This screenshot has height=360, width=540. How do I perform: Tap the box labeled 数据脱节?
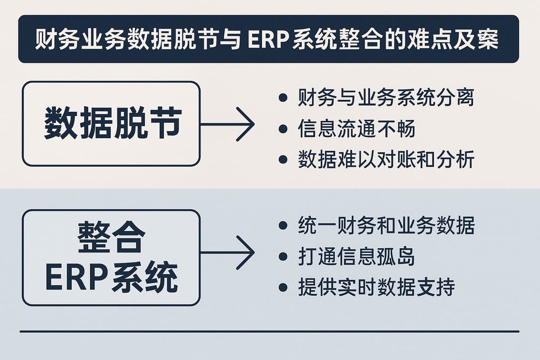coord(111,124)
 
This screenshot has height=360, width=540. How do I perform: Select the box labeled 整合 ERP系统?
coord(111,258)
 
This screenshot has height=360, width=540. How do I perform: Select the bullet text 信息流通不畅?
coord(356,129)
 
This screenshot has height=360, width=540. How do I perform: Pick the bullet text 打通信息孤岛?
coord(356,257)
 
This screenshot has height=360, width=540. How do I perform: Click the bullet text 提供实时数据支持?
coord(376,288)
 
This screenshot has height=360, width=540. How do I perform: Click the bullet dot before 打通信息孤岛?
coord(283,257)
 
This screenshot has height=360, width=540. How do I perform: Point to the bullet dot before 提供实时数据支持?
coord(283,288)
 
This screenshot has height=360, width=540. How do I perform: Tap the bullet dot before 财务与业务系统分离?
coord(283,99)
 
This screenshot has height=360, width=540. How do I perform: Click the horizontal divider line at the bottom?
coord(269,332)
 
